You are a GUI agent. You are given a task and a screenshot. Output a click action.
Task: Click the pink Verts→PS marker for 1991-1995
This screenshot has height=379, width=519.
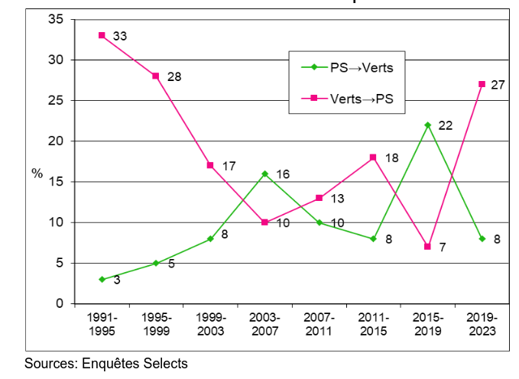coord(101,35)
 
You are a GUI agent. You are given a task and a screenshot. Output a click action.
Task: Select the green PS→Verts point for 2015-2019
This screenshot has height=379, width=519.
coord(427,125)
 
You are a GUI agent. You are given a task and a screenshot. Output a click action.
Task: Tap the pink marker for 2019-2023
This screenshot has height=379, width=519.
coord(482,84)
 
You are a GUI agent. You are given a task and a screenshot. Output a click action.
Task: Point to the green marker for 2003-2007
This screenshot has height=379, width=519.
coord(264,173)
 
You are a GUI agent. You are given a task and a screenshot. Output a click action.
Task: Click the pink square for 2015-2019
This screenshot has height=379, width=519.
coord(427,247)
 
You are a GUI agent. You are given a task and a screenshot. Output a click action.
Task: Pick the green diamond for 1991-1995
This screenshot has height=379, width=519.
coord(101,280)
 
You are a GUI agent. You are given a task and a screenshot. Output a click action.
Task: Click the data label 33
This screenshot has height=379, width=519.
coord(120,36)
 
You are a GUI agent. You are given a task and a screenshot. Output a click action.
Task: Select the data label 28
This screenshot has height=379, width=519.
coord(174,76)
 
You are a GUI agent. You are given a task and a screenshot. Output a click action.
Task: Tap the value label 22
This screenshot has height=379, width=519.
coord(446,125)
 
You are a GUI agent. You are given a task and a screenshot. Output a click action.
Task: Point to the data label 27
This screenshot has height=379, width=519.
coord(498,85)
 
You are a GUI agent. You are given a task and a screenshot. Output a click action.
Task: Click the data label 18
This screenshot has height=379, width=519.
coord(391,157)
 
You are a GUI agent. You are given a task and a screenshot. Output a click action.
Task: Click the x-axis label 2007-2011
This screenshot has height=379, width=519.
coord(319,324)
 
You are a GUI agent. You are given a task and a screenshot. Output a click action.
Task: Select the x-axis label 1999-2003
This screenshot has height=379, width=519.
coord(209,324)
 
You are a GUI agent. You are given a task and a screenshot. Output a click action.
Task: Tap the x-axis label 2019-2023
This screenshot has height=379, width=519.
coord(482,324)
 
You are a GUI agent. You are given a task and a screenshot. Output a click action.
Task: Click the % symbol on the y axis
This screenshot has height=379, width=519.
coord(37,173)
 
